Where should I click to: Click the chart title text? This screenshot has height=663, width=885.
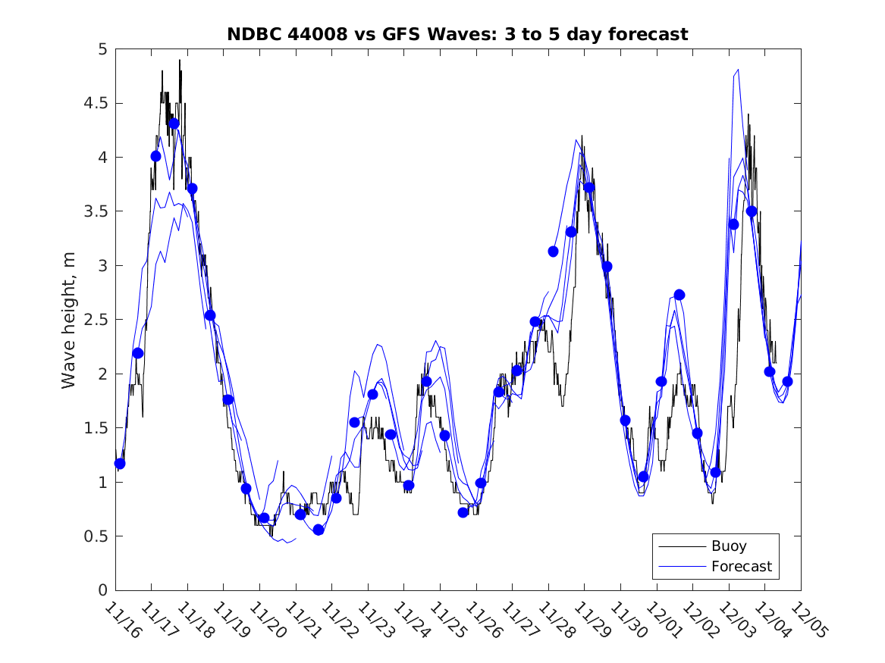[x=457, y=34]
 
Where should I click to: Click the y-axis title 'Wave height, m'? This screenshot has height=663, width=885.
[x=69, y=320]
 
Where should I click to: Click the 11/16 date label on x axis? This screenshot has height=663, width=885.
[x=122, y=620]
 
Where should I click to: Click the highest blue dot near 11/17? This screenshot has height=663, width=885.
[x=174, y=124]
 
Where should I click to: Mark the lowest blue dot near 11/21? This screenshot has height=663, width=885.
[x=319, y=530]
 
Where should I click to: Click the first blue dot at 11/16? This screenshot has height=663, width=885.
[x=120, y=463]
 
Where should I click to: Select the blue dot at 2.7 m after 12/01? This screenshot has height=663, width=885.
[x=679, y=295]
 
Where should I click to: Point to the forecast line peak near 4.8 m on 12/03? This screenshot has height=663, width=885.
[x=737, y=70]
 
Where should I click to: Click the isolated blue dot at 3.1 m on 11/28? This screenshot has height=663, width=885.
[x=553, y=252]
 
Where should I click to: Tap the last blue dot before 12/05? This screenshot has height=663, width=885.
[x=787, y=381]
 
